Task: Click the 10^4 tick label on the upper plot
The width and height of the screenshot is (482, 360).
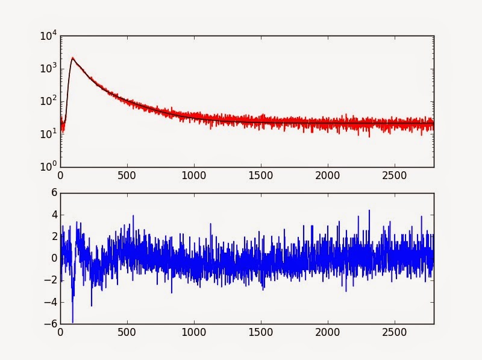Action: pyautogui.click(x=49, y=36)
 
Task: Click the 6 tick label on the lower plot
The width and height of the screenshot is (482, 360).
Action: pyautogui.click(x=53, y=193)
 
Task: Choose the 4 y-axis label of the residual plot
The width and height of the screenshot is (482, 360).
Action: pyautogui.click(x=53, y=215)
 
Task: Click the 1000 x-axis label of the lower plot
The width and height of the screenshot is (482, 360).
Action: pyautogui.click(x=193, y=332)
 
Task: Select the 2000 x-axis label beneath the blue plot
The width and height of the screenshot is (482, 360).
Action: pyautogui.click(x=327, y=332)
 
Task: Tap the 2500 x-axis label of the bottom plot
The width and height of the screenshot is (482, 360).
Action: pyautogui.click(x=394, y=332)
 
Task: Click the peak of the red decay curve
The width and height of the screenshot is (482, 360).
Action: pyautogui.click(x=72, y=58)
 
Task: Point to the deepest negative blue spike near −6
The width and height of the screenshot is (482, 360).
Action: pyautogui.click(x=72, y=322)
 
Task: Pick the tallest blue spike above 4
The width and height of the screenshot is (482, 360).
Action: pyautogui.click(x=369, y=210)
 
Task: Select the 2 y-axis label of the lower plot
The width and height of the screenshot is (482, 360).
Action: pyautogui.click(x=53, y=236)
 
